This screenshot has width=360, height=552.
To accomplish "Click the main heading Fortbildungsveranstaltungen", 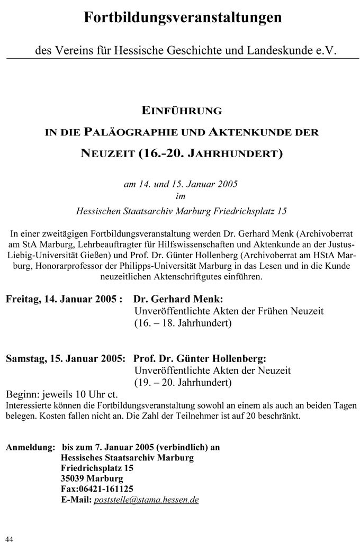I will coord(183,18).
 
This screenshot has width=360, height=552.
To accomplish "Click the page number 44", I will coord(9,539).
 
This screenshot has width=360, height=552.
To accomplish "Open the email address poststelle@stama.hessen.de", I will coord(146,500).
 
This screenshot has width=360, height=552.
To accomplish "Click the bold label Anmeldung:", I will coord(30,447).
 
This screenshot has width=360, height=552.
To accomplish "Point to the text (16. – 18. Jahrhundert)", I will coord(183,322).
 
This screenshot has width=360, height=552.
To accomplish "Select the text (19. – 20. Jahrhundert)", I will coord(183,381).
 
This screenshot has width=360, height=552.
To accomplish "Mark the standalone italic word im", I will coord(181,197).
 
